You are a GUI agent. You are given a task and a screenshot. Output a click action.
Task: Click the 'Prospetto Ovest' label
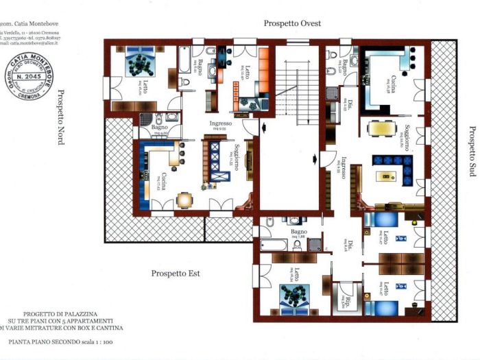click(x=292, y=23)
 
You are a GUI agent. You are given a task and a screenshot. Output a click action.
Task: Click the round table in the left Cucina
click(x=184, y=200)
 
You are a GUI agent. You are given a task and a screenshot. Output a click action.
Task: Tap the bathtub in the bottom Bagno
click(x=272, y=245)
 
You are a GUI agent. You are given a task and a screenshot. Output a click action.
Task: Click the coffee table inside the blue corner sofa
click(x=389, y=175)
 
